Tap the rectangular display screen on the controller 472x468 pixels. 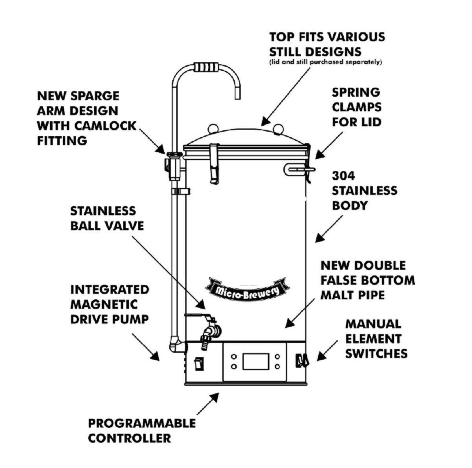(x=255, y=361)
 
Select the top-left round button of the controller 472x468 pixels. (x=234, y=357)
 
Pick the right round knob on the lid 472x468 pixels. (x=278, y=128)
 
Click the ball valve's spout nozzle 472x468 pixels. (x=205, y=341)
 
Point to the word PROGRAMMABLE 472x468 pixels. (x=142, y=423)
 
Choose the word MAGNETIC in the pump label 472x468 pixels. (x=104, y=304)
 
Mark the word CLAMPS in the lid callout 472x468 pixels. (x=356, y=107)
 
